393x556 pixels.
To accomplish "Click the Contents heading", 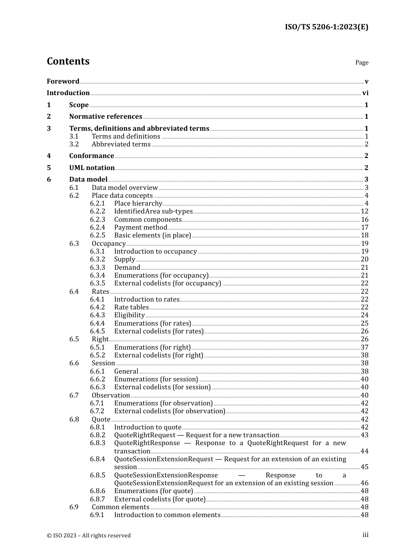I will [x=68, y=61].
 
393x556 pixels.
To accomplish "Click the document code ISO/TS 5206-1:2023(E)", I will [x=326, y=27].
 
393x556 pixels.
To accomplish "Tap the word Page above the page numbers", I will [x=362, y=62].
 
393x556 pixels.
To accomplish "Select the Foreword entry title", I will [x=63, y=81].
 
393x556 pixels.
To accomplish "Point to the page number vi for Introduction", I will [x=365, y=93].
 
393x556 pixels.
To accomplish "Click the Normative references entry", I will [x=105, y=117].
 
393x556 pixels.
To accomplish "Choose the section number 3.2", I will [x=74, y=144].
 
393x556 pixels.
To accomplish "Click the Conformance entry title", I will [x=91, y=156].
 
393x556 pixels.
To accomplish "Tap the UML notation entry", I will [x=92, y=168].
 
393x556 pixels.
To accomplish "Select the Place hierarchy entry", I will [x=138, y=204].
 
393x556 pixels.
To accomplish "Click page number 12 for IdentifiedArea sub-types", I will [x=364, y=211].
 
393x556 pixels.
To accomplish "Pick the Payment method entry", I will [x=141, y=228].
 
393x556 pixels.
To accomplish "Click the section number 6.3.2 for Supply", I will [x=98, y=259].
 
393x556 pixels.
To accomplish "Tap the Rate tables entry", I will [x=131, y=307].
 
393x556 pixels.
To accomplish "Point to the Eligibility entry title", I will [x=129, y=315].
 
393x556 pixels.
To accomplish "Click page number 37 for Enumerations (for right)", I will [x=364, y=347].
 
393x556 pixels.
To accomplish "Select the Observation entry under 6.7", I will [x=111, y=395].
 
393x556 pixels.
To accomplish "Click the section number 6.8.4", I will [x=98, y=459].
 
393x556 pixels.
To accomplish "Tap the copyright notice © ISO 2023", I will [x=89, y=535].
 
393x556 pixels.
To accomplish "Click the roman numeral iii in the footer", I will [x=365, y=535].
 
